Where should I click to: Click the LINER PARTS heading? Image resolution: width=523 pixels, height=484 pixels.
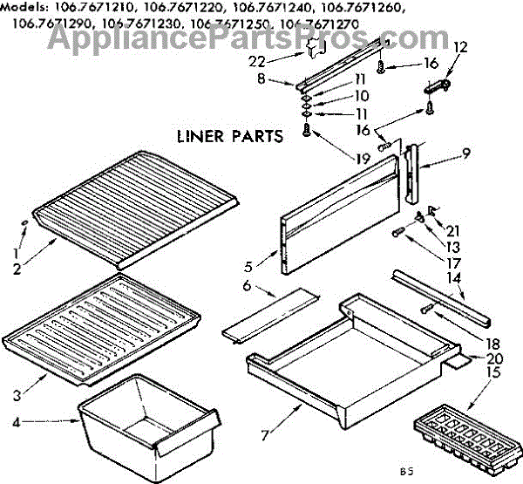pyautogui.click(x=229, y=136)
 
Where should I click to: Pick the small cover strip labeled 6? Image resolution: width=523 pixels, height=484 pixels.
pyautogui.click(x=261, y=316)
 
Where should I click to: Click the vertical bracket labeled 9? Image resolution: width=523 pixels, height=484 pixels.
pyautogui.click(x=417, y=179)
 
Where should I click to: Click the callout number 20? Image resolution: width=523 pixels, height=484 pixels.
pyautogui.click(x=497, y=358)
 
